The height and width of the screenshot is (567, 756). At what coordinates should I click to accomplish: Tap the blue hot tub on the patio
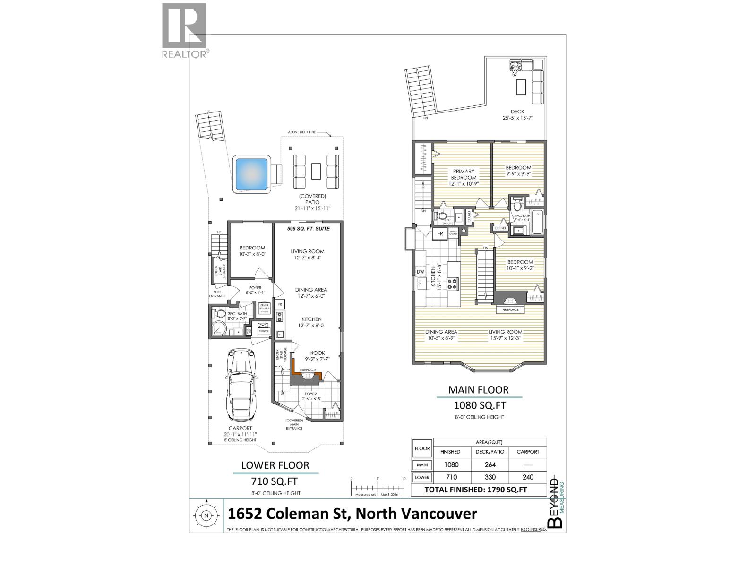[251, 173]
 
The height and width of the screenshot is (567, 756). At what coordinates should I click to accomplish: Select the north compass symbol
[206, 516]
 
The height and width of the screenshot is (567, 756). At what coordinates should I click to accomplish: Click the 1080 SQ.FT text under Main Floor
[480, 405]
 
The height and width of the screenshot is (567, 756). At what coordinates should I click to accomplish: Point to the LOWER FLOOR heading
[275, 465]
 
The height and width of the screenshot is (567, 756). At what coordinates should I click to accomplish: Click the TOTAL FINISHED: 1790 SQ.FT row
[479, 490]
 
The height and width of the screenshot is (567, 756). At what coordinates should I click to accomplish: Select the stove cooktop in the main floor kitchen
[453, 283]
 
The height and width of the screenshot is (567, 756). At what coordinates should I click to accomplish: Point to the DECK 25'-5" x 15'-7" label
[517, 115]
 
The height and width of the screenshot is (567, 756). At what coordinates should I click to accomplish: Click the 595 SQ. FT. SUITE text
[308, 229]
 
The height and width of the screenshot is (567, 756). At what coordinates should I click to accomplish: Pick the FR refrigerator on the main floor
[439, 233]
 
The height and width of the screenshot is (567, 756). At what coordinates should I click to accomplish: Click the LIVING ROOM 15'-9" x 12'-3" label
[505, 335]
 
